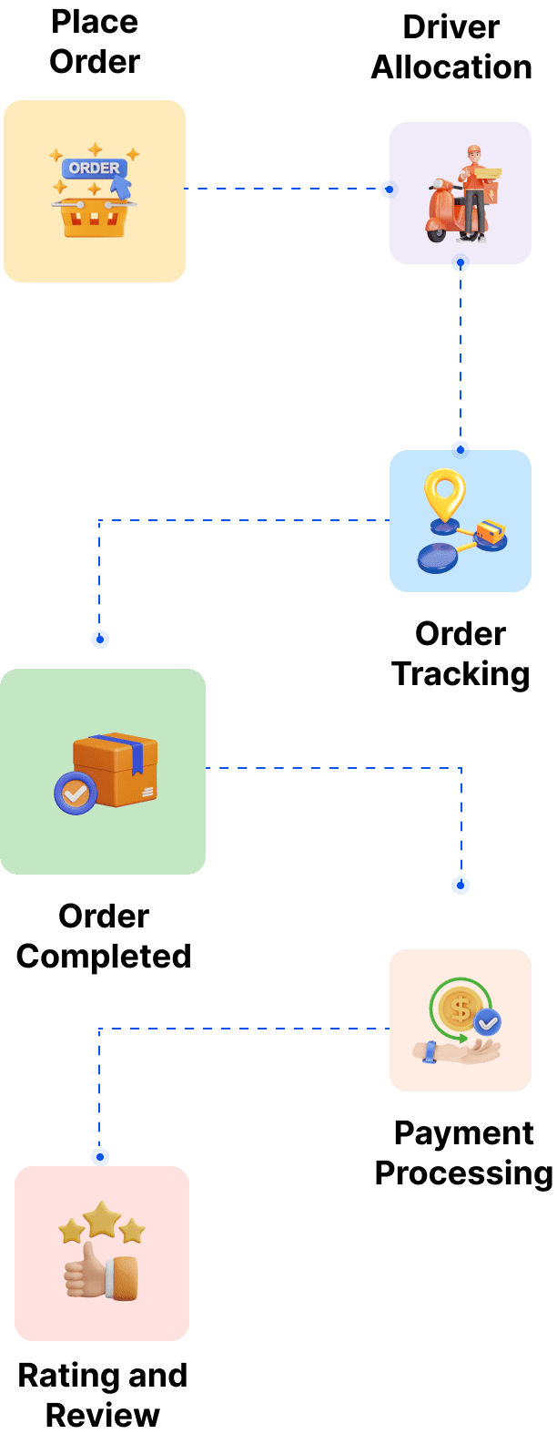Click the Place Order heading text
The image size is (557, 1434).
pyautogui.click(x=95, y=42)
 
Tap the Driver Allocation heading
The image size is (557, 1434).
pyautogui.click(x=451, y=47)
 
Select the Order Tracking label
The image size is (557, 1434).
pyautogui.click(x=461, y=654)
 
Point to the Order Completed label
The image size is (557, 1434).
pyautogui.click(x=104, y=937)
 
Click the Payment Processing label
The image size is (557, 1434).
pyautogui.click(x=463, y=1152)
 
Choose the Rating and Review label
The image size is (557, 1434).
pyautogui.click(x=103, y=1395)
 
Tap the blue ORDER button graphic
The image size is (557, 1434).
pyautogui.click(x=93, y=169)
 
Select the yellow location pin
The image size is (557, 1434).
pyautogui.click(x=444, y=495)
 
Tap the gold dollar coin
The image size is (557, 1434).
pyautogui.click(x=460, y=1009)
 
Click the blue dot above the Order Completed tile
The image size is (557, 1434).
pyautogui.click(x=100, y=640)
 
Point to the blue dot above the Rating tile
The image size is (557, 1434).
pyautogui.click(x=100, y=1157)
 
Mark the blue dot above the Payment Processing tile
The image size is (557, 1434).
pyautogui.click(x=461, y=886)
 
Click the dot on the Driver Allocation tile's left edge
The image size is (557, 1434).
pyautogui.click(x=388, y=189)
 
